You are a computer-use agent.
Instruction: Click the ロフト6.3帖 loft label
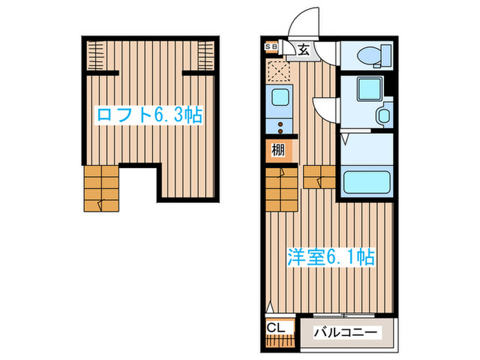click(x=149, y=115)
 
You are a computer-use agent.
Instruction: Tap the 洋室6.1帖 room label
click(x=330, y=258)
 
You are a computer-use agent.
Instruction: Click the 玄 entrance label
click(x=302, y=49)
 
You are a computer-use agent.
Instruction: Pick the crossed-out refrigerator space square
click(x=279, y=71)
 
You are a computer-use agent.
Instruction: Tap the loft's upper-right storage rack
click(x=204, y=55)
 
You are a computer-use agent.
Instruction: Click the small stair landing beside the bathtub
click(x=317, y=176)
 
